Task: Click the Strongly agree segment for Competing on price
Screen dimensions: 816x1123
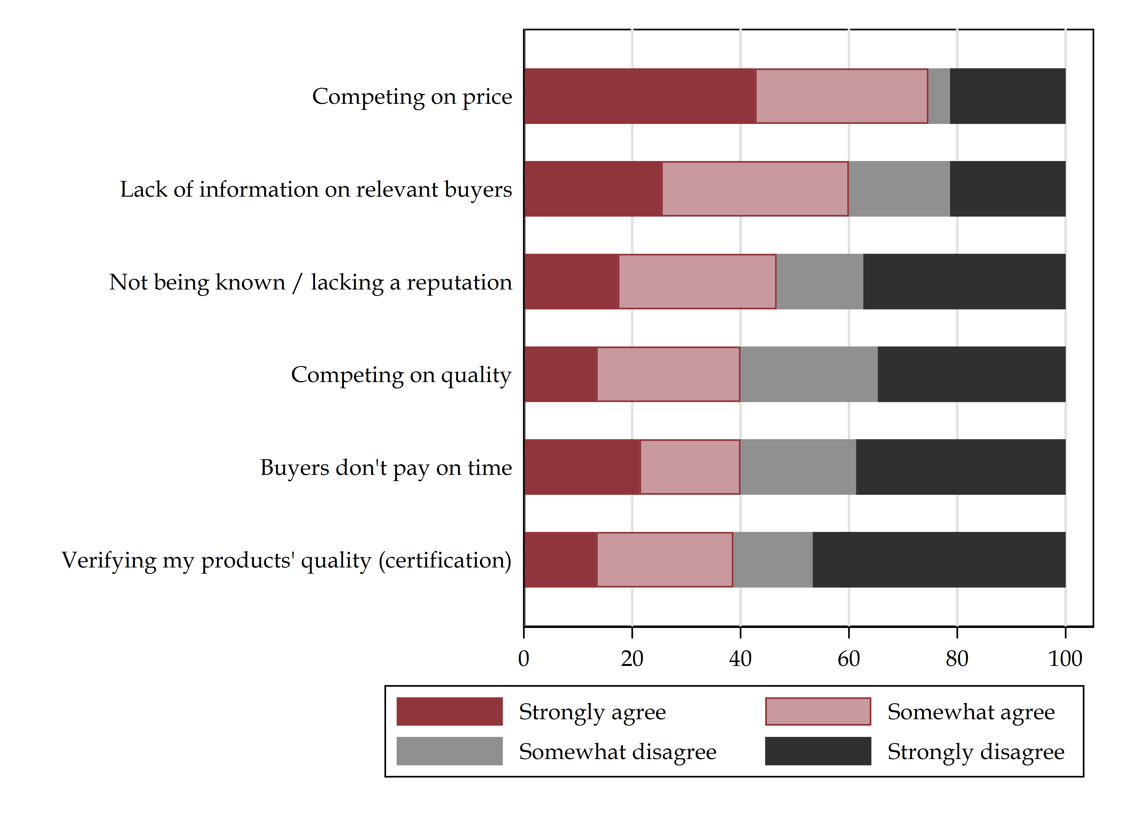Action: (x=640, y=96)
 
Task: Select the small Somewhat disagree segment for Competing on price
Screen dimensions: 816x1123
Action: (x=939, y=96)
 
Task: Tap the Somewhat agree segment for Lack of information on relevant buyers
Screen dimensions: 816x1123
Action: (x=755, y=189)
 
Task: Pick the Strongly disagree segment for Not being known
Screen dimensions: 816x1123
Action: (x=964, y=282)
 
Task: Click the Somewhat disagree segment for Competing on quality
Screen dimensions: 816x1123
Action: (x=809, y=374)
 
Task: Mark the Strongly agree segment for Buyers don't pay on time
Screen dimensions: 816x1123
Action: (x=582, y=467)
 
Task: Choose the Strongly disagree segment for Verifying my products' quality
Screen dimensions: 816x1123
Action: (x=939, y=560)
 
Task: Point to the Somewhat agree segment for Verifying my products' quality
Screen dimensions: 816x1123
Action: (x=665, y=560)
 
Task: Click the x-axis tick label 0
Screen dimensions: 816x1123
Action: (x=524, y=659)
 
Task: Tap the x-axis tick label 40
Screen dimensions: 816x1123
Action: (x=740, y=659)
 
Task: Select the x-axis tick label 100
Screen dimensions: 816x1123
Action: (x=1065, y=659)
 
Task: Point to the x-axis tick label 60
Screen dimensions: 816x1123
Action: (x=849, y=659)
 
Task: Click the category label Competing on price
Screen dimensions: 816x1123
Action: (x=412, y=96)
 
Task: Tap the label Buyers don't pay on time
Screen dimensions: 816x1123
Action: (x=386, y=468)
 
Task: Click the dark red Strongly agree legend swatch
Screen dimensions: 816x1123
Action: (x=449, y=712)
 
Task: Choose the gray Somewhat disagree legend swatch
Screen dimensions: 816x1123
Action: (x=449, y=751)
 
